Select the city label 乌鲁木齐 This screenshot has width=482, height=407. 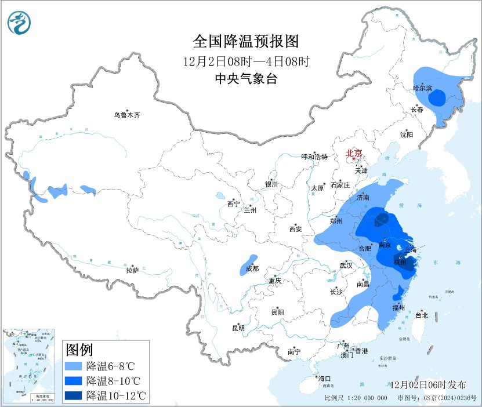[x=126, y=115]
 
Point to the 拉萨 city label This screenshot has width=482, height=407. [x=132, y=270]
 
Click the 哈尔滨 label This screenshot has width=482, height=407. [x=423, y=88]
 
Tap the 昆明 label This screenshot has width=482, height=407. [x=238, y=328]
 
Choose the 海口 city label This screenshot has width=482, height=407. [x=324, y=379]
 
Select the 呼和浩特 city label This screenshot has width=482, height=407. [x=314, y=157]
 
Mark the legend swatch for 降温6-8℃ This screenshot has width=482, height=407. [x=73, y=366]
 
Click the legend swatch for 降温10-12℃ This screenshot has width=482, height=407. [x=73, y=395]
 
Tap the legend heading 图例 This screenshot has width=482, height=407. [x=79, y=350]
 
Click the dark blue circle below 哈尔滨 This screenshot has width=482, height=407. [x=438, y=97]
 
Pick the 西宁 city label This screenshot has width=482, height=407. [x=233, y=203]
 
